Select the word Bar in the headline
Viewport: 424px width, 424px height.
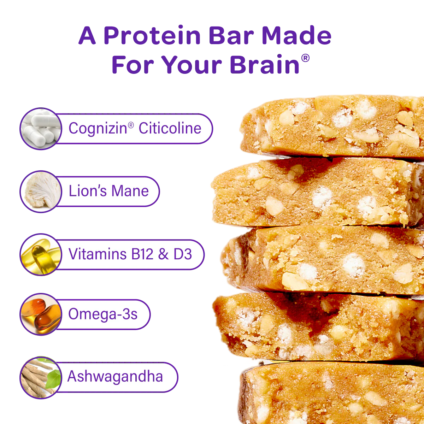[231, 36]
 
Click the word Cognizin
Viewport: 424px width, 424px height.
[98, 129]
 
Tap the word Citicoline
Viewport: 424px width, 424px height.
[170, 128]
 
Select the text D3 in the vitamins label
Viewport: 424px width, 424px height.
[183, 254]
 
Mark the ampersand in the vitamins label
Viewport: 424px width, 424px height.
[163, 254]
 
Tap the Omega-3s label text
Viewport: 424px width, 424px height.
[103, 314]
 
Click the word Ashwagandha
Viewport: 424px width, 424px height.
[115, 377]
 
